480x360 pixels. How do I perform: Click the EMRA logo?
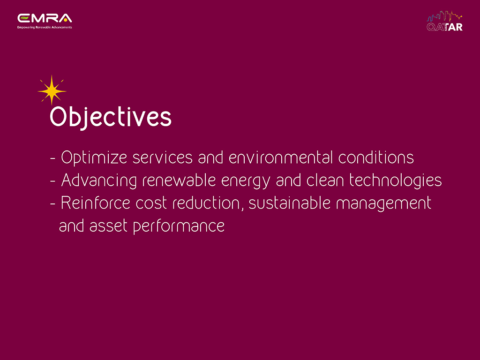[x=45, y=21]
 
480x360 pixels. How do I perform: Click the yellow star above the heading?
[x=52, y=90]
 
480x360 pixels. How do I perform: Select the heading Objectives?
[x=111, y=117]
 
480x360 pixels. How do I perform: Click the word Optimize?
[x=94, y=158]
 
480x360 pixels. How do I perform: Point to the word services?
[x=163, y=157]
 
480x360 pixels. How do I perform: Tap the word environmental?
[x=280, y=157]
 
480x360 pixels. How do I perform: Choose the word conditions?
[x=376, y=157]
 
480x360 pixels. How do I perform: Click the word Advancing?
[x=99, y=180]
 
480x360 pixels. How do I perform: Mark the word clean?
[x=325, y=180]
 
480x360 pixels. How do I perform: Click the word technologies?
[x=396, y=180]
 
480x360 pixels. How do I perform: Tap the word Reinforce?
[x=95, y=202]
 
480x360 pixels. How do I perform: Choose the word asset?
[x=108, y=226]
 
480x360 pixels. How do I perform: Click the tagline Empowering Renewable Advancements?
[x=45, y=27]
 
